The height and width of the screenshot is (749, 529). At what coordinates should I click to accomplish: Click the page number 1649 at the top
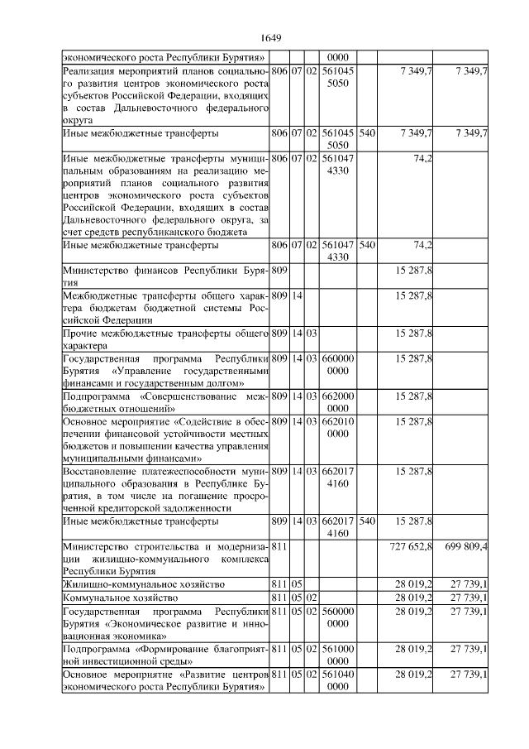(x=271, y=38)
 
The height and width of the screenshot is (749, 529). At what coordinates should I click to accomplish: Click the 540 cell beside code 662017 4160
(x=368, y=522)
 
